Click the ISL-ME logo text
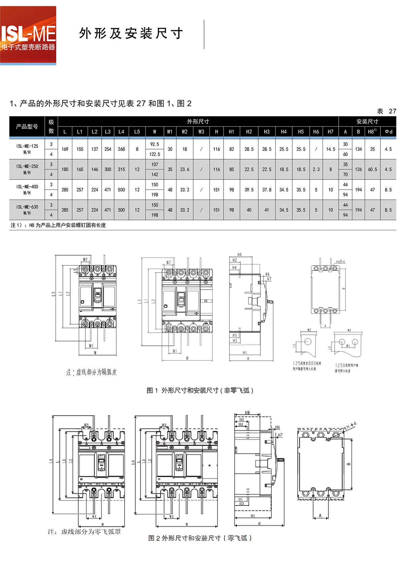pyautogui.click(x=28, y=34)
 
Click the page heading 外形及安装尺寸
pyautogui.click(x=131, y=33)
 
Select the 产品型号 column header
pyautogui.click(x=27, y=127)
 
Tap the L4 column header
pyautogui.click(x=121, y=132)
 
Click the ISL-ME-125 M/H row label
pyautogui.click(x=27, y=149)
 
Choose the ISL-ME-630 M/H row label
pyautogui.click(x=27, y=210)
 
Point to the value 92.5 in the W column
pyautogui.click(x=155, y=144)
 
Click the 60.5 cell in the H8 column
pyautogui.click(x=372, y=169)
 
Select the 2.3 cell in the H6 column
pyautogui.click(x=316, y=169)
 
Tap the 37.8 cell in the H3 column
pyautogui.click(x=267, y=190)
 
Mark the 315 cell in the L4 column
pyautogui.click(x=121, y=169)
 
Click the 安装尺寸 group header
pyautogui.click(x=367, y=122)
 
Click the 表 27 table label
pyautogui.click(x=386, y=111)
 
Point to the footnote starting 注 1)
pyautogui.click(x=58, y=225)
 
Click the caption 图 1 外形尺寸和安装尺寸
pyautogui.click(x=200, y=390)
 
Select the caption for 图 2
pyautogui.click(x=200, y=538)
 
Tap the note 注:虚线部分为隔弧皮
pyautogui.click(x=91, y=372)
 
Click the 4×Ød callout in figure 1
pyautogui.click(x=340, y=262)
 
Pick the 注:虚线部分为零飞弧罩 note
pyautogui.click(x=84, y=532)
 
